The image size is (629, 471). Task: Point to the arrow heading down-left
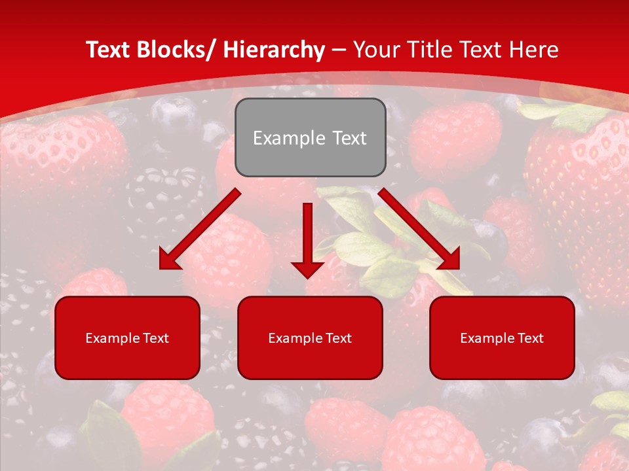coord(200,229)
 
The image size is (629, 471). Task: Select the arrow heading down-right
coord(419,229)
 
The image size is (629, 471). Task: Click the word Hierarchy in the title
coord(274,50)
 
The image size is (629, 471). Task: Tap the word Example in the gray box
coord(288,139)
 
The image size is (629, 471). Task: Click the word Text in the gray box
coord(348,139)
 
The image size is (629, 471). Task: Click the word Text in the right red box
coord(530,338)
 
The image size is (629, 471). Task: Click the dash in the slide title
coord(339,50)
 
